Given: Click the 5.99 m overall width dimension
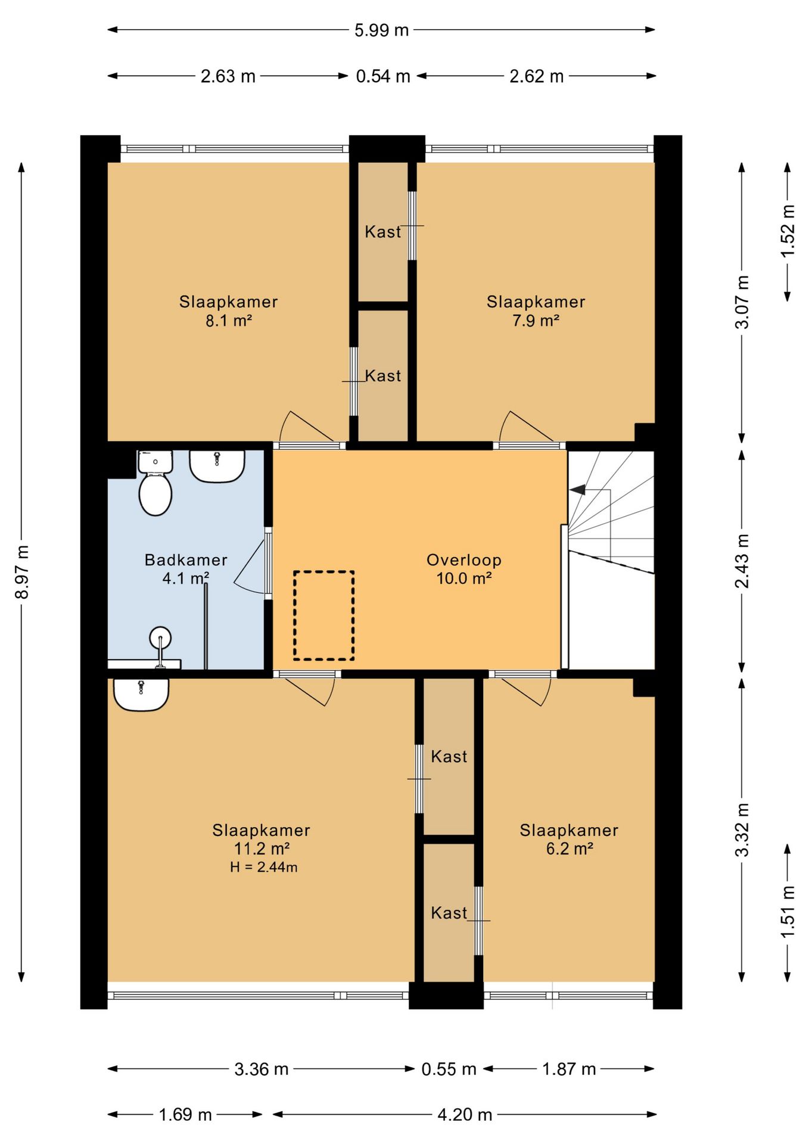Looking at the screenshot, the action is [381, 30].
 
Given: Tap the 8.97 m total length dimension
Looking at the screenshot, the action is [22, 572].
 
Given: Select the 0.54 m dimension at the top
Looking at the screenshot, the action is [383, 76].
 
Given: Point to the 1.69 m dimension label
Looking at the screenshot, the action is [185, 1114].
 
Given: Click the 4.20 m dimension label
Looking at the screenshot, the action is [465, 1114].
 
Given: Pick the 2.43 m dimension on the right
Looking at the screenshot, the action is [742, 561].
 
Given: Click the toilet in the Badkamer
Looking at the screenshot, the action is [155, 483].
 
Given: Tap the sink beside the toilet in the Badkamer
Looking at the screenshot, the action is [217, 466].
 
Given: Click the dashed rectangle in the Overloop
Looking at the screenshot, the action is [323, 615].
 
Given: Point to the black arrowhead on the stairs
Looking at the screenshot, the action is [577, 490].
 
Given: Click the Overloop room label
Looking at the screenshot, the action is [464, 560].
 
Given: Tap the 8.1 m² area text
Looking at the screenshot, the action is [229, 321].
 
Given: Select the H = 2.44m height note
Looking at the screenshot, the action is [264, 867].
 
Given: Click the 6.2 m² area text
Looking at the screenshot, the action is [570, 848].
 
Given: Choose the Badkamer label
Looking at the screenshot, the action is [186, 560].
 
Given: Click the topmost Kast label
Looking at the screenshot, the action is [383, 232].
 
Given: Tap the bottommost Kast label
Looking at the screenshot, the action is [449, 913].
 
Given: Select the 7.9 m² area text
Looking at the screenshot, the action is [536, 321].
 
